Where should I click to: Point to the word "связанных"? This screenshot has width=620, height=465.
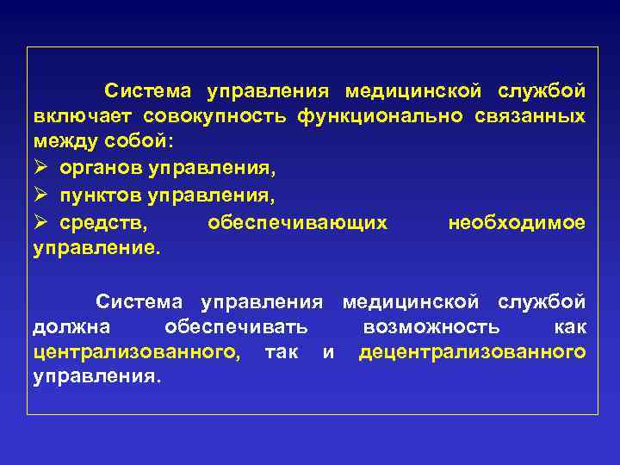click(x=530, y=115)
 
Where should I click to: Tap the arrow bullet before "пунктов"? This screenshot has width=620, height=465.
click(x=41, y=196)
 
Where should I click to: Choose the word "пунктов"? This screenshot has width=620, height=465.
click(x=104, y=197)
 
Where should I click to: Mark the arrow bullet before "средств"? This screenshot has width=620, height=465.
click(x=41, y=223)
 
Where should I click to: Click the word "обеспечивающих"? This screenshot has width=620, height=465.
click(x=297, y=224)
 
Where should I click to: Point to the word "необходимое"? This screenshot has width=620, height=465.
click(x=517, y=224)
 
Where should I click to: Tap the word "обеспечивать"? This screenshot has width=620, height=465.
click(x=237, y=327)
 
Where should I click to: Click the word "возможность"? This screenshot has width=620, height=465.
click(x=430, y=327)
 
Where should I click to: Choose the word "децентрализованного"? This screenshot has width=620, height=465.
click(x=472, y=351)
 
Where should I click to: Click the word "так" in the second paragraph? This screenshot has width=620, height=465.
click(x=282, y=351)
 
